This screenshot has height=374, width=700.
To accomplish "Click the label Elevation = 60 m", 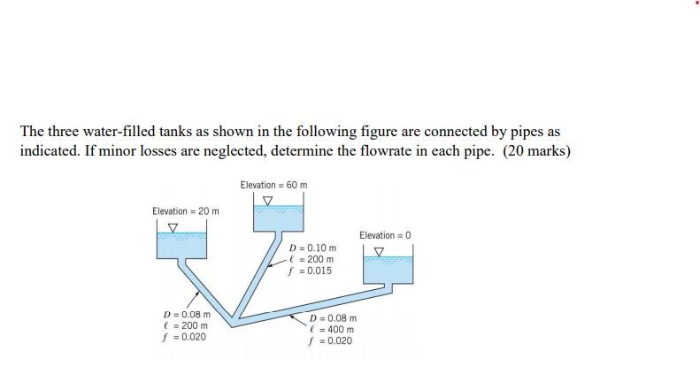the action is click(273, 185).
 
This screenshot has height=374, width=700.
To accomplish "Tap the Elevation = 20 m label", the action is click(185, 210).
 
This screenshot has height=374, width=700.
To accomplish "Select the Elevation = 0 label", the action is click(385, 235).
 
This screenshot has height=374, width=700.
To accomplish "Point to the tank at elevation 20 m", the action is click(181, 244).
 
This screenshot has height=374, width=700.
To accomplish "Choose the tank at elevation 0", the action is click(388, 268).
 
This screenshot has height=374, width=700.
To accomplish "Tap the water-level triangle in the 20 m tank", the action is click(173, 226).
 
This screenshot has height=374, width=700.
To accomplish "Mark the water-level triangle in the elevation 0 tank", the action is click(379, 251).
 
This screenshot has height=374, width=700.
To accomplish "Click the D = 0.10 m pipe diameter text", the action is click(314, 248).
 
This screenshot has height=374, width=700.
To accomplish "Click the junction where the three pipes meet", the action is click(233, 317).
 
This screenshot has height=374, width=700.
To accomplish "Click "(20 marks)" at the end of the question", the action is click(537, 150).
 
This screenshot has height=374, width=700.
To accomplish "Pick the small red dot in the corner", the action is click(696, 3).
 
